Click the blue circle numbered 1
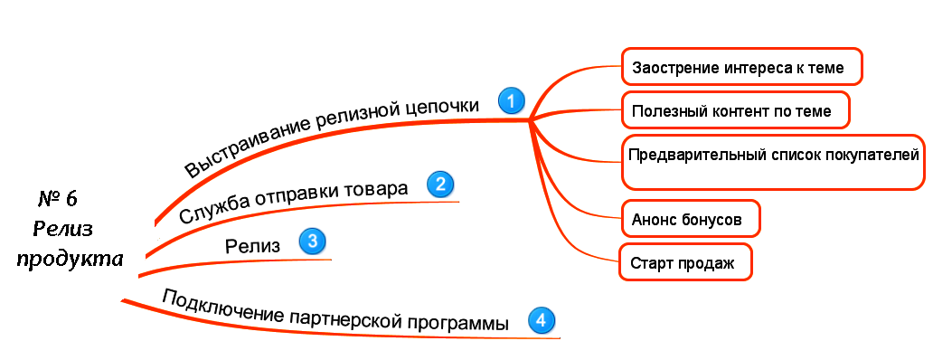[x=512, y=100]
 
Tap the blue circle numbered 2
[x=439, y=185]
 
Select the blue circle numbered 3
[x=312, y=242]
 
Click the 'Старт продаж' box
[x=684, y=262]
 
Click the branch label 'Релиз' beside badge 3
[x=252, y=245]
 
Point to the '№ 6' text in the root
[x=63, y=199]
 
